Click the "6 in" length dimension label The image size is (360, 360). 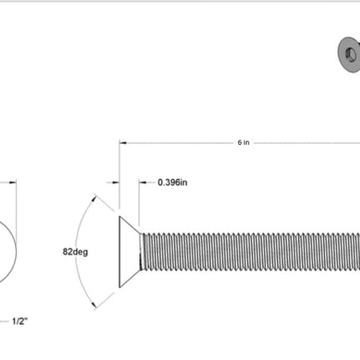tap(244, 142)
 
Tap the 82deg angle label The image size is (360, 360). tap(75, 251)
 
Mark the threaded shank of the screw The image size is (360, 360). tap(251, 252)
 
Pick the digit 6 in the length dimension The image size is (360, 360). tap(239, 142)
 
